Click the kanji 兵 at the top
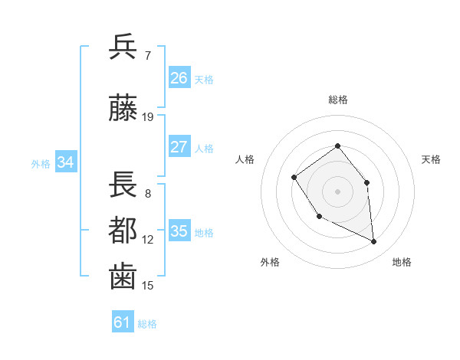tap(123, 47)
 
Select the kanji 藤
tap(123, 109)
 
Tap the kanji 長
tap(123, 185)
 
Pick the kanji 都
tap(123, 231)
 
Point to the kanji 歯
tap(123, 277)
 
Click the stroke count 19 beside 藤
tap(148, 117)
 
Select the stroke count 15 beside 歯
tap(148, 286)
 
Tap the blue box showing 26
tap(179, 78)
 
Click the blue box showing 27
tap(179, 147)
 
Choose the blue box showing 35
tap(179, 231)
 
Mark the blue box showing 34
tap(66, 162)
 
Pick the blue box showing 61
tap(122, 322)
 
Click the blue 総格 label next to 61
tap(147, 324)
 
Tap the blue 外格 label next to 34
tap(41, 163)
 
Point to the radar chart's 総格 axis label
tap(338, 100)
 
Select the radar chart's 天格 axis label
tap(432, 159)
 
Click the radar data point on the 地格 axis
tap(374, 241)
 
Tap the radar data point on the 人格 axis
tap(294, 178)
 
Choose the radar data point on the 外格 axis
tap(320, 217)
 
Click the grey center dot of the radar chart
tap(338, 191)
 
